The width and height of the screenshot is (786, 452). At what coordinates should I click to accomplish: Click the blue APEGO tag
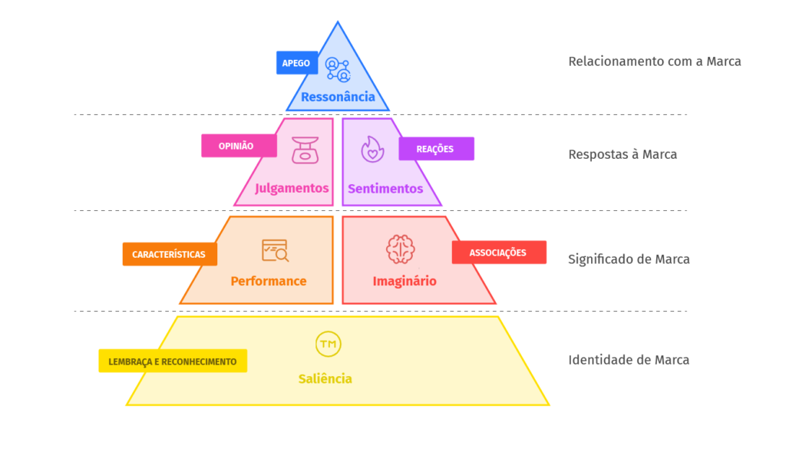(x=297, y=63)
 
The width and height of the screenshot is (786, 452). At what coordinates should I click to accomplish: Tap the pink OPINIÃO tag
(x=239, y=146)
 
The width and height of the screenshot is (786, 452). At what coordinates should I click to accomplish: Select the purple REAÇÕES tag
(x=436, y=149)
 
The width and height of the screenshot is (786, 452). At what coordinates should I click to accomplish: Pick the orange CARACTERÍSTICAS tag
(x=170, y=254)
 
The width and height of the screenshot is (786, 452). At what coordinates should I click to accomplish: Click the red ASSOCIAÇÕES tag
(x=499, y=252)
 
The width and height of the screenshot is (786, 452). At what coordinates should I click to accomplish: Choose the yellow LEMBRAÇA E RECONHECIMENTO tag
(x=173, y=361)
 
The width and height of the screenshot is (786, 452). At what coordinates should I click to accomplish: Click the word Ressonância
(x=338, y=97)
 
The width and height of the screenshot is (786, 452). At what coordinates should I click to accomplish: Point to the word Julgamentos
(x=292, y=189)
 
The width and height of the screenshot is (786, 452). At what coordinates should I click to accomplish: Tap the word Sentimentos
(x=385, y=189)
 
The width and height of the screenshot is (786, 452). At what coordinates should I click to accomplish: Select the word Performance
(x=269, y=281)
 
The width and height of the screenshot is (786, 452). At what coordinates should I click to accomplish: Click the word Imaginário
(x=405, y=281)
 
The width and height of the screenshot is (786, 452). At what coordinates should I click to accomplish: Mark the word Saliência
(x=325, y=379)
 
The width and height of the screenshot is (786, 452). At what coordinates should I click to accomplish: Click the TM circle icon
(x=329, y=345)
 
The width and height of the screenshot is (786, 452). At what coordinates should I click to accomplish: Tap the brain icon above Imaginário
(x=400, y=249)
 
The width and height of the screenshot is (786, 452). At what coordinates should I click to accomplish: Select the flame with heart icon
(x=372, y=150)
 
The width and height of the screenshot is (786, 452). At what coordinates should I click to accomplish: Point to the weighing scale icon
(x=305, y=150)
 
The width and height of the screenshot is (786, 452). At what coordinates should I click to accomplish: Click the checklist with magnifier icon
(x=276, y=250)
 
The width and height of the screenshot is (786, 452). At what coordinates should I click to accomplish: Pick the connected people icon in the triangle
(x=338, y=69)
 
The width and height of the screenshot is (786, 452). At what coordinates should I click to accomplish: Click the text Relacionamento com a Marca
(x=655, y=61)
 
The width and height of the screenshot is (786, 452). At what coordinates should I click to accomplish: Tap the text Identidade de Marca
(x=629, y=360)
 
